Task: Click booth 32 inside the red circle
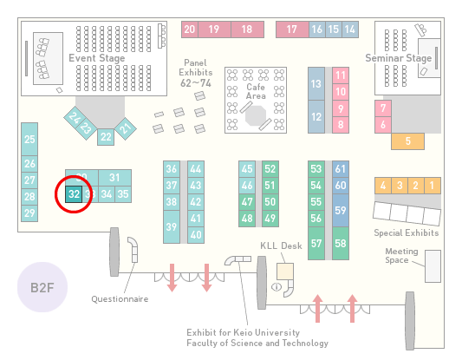(x=74, y=194)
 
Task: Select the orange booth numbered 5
(x=407, y=141)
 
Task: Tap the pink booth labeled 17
(x=292, y=29)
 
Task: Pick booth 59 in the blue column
(x=341, y=210)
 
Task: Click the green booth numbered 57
(x=316, y=243)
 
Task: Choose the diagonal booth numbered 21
(x=126, y=128)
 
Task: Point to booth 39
(x=172, y=226)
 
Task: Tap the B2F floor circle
(x=42, y=287)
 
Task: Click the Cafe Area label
(x=256, y=91)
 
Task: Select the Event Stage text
(x=97, y=58)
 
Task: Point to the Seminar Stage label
(x=399, y=58)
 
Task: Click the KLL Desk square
(x=285, y=272)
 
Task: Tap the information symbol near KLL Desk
(x=277, y=286)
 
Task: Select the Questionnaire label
(x=120, y=299)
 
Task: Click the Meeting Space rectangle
(x=433, y=266)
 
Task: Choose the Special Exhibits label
(x=407, y=233)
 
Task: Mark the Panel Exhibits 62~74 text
(x=196, y=73)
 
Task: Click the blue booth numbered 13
(x=316, y=84)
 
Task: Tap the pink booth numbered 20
(x=190, y=29)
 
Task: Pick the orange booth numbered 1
(x=433, y=186)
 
